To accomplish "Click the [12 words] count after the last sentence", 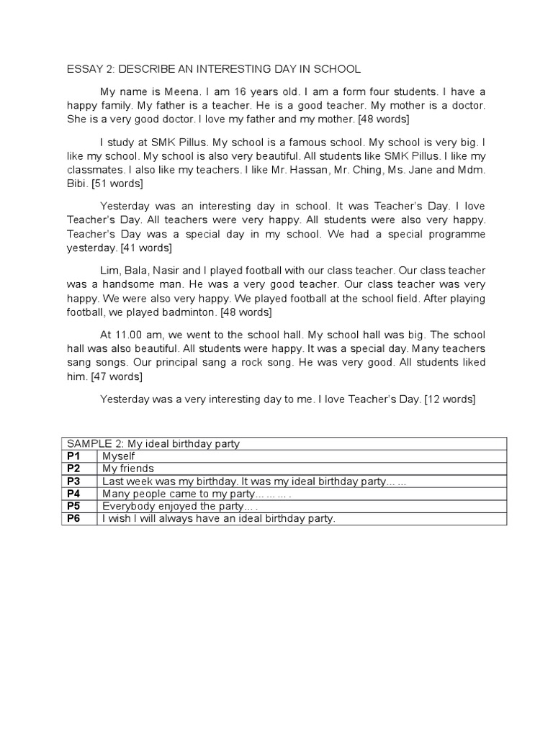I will pyautogui.click(x=450, y=398).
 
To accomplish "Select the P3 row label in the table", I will pyautogui.click(x=73, y=481).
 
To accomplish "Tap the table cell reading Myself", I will pyautogui.click(x=119, y=456).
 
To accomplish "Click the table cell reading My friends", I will pyautogui.click(x=128, y=469).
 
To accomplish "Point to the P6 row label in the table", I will pyautogui.click(x=73, y=518).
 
